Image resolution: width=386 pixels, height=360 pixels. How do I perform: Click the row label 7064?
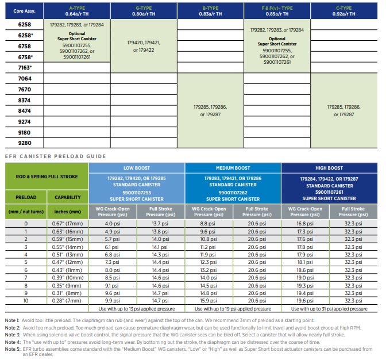tap(25, 78)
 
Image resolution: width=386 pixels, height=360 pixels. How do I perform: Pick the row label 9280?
tap(25, 142)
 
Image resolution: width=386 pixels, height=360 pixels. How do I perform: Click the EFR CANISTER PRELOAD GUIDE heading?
tap(55, 156)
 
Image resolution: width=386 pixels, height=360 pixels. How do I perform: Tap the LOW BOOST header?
tap(136, 168)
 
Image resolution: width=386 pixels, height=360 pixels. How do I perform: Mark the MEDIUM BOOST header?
tap(233, 168)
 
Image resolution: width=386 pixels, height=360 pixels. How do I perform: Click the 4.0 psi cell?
tap(113, 223)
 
